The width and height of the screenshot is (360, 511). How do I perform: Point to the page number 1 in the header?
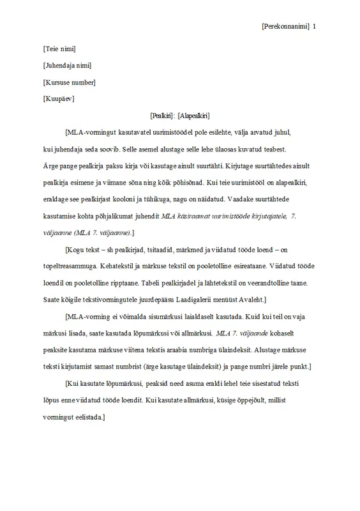point(315,27)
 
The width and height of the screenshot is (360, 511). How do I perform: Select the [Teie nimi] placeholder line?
point(59,48)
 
